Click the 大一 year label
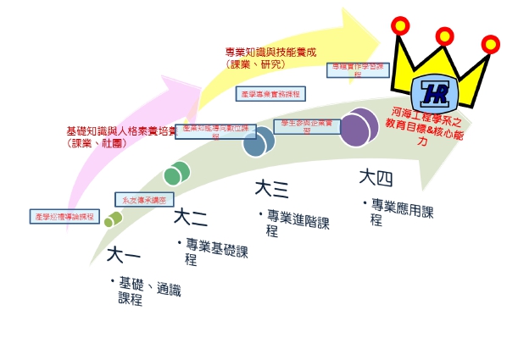(123, 253)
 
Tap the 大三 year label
(271, 188)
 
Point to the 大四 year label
(376, 178)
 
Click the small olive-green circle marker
(113, 219)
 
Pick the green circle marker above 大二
(176, 174)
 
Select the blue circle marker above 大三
(259, 141)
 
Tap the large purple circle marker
(359, 127)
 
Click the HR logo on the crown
(438, 90)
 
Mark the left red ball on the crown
(400, 26)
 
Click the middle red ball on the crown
(445, 36)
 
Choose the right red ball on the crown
(491, 44)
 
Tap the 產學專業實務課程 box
(270, 93)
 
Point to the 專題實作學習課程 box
(358, 69)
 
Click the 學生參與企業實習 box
(309, 126)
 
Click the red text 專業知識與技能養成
(270, 52)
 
